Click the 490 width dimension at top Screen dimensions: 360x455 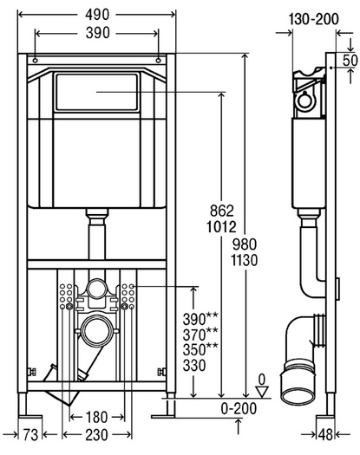pos(97,15)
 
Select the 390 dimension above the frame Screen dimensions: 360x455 pos(98,33)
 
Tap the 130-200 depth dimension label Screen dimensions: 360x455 pos(313,19)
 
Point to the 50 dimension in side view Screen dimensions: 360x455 pos(350,61)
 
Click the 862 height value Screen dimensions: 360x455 pos(222,211)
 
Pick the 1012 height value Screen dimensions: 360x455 pos(221,227)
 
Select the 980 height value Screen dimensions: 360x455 pos(245,244)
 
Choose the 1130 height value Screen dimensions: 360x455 pos(244,260)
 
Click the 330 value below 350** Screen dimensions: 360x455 pos(194,366)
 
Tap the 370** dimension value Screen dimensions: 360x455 pos(200,334)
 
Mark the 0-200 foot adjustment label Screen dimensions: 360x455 pos(239,408)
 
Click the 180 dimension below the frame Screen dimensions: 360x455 pos(96,417)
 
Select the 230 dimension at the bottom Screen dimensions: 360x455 pos(96,435)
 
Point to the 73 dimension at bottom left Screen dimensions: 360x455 pos(30,435)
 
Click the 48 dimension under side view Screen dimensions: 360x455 pos(325,435)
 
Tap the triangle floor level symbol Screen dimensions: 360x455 pos(262,392)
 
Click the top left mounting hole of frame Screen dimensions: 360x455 pos(36,61)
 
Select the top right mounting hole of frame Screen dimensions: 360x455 pos(159,61)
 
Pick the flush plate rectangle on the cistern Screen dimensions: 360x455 pos(97,92)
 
